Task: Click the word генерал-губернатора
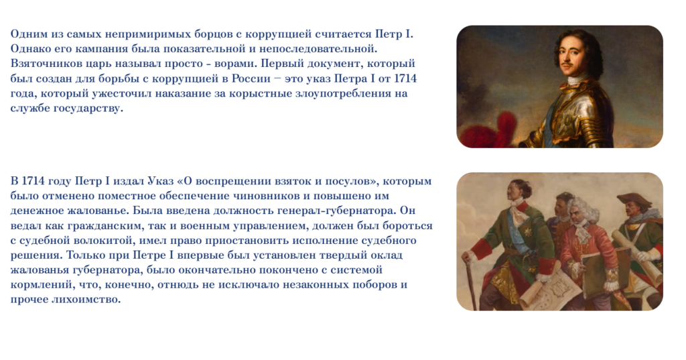point(337,211)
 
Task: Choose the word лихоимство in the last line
point(86,300)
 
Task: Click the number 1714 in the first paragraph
point(405,78)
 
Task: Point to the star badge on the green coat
point(529,231)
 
